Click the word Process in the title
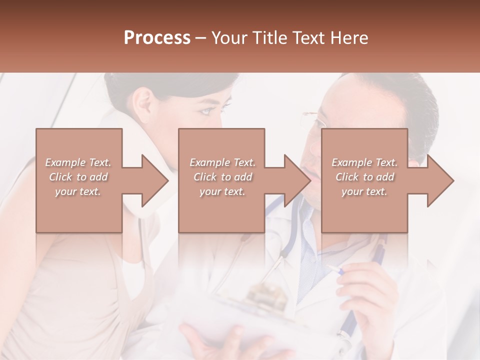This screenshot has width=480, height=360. pos(157,38)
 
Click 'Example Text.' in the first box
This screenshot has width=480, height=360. pos(78,162)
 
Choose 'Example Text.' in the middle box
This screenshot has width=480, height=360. pos(222,162)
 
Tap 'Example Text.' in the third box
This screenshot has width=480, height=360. pos(364,162)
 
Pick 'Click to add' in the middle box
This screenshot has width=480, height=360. pos(222,177)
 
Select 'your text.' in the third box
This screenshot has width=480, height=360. pos(364,191)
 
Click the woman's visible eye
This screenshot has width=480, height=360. pos(207,111)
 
